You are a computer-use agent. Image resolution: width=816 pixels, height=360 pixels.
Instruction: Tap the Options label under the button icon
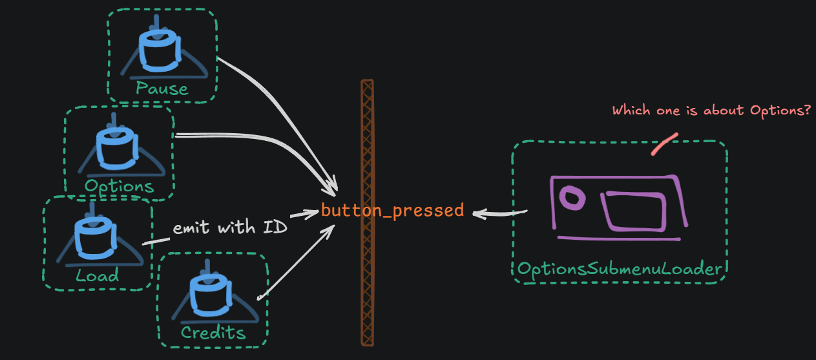(x=120, y=186)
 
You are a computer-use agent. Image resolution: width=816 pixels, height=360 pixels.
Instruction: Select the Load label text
(x=97, y=276)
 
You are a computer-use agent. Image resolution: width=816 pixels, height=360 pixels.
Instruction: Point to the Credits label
(x=213, y=333)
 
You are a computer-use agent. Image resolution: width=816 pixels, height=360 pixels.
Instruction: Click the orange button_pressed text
(x=392, y=210)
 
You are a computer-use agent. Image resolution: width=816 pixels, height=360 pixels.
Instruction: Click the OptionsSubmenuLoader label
(x=619, y=269)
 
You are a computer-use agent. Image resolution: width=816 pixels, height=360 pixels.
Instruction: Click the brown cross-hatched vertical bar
(x=367, y=213)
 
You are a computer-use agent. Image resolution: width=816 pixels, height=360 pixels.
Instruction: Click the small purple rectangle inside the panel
(x=634, y=211)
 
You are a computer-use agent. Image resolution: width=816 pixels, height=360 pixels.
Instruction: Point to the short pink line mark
(x=664, y=145)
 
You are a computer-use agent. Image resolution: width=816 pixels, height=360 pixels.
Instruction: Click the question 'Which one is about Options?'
(x=711, y=111)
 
